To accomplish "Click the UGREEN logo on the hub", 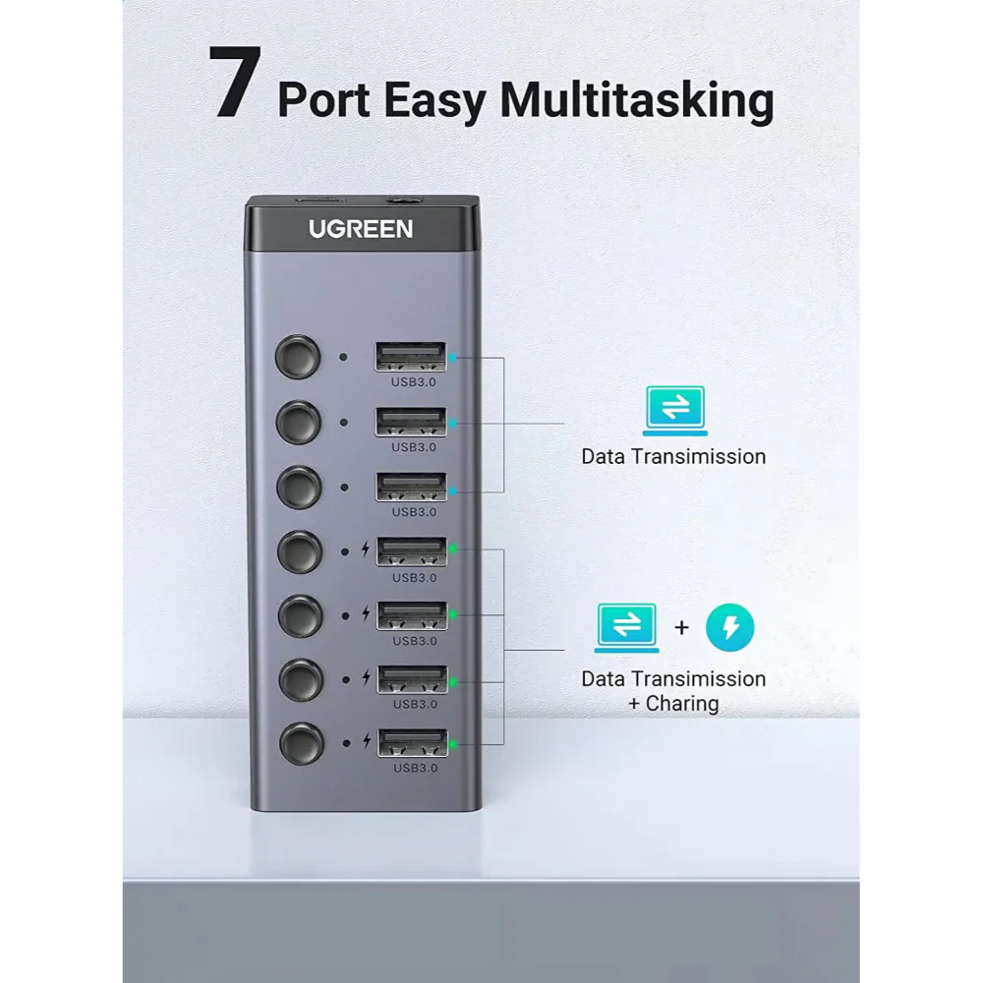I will pyautogui.click(x=361, y=229).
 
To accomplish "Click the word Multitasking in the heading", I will pyautogui.click(x=637, y=101).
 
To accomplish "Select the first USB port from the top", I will pyautogui.click(x=410, y=356).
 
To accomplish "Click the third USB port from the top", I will pyautogui.click(x=410, y=487).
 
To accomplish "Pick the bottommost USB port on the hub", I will pyautogui.click(x=410, y=743).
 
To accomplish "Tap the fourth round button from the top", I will pyautogui.click(x=299, y=551).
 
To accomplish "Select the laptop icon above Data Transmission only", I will pyautogui.click(x=674, y=410).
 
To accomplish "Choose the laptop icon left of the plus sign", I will pyautogui.click(x=627, y=626).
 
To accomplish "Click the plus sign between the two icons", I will pyautogui.click(x=682, y=626).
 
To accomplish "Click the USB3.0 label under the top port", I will pyautogui.click(x=414, y=382).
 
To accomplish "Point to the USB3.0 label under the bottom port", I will pyautogui.click(x=414, y=768).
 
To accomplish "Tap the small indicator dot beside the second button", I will pyautogui.click(x=343, y=423).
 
